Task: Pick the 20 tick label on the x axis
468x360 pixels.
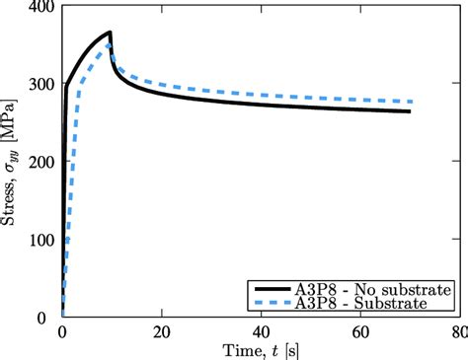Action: pyautogui.click(x=161, y=331)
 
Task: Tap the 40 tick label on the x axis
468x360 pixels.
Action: pyautogui.click(x=261, y=331)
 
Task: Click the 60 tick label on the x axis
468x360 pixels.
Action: pyautogui.click(x=359, y=331)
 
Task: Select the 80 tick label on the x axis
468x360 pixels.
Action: pyautogui.click(x=458, y=331)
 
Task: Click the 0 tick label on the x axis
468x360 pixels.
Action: pyautogui.click(x=62, y=331)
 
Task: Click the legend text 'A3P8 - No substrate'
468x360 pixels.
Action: pyautogui.click(x=375, y=289)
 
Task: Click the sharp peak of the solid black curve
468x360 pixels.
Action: pyautogui.click(x=111, y=33)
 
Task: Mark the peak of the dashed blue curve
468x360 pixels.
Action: pyautogui.click(x=110, y=46)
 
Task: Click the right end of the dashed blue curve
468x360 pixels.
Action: pyautogui.click(x=410, y=102)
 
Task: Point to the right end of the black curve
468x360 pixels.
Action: pyautogui.click(x=409, y=111)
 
